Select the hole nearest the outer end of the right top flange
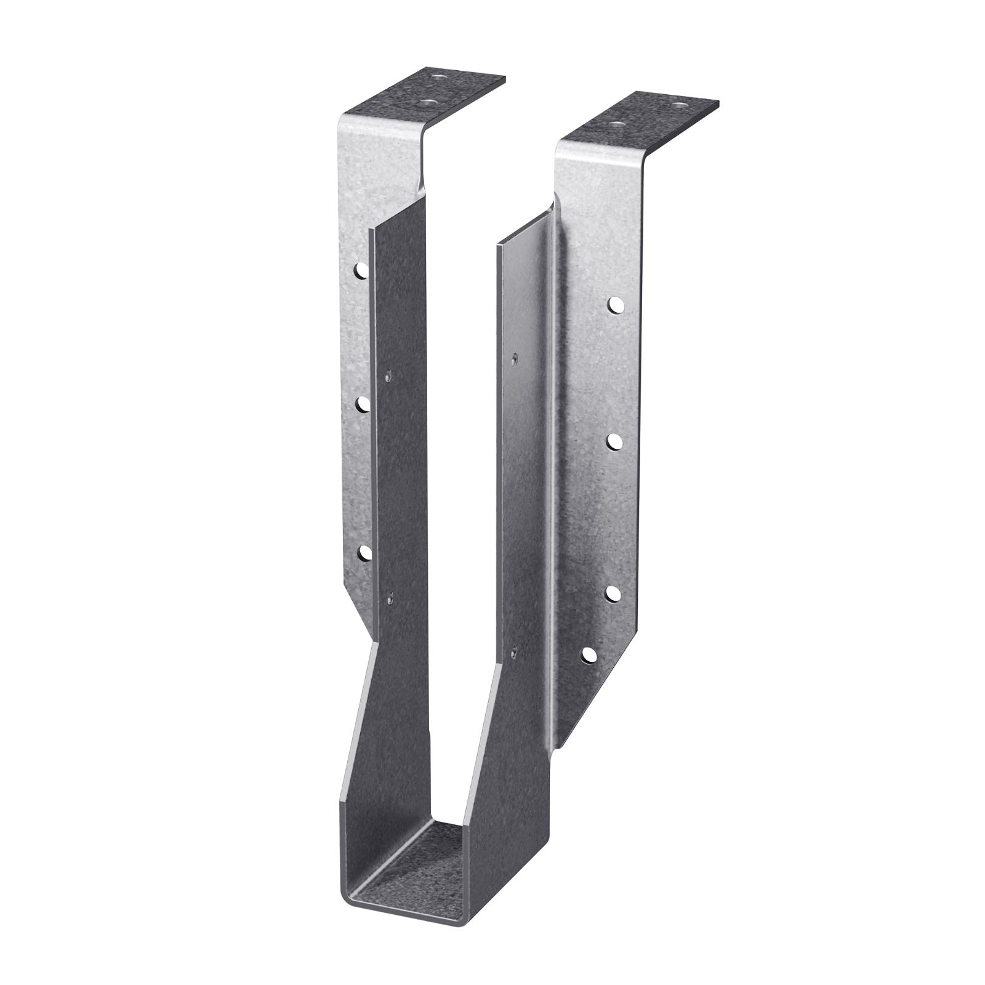coord(679,105)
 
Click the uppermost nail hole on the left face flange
coord(363,269)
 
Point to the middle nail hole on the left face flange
coord(363,403)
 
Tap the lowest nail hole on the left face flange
coord(364,552)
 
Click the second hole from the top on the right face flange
coord(614,441)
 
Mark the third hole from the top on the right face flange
coord(613,592)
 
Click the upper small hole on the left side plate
coord(388,374)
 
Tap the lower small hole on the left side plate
coord(390,595)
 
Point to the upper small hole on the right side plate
coord(514,356)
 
